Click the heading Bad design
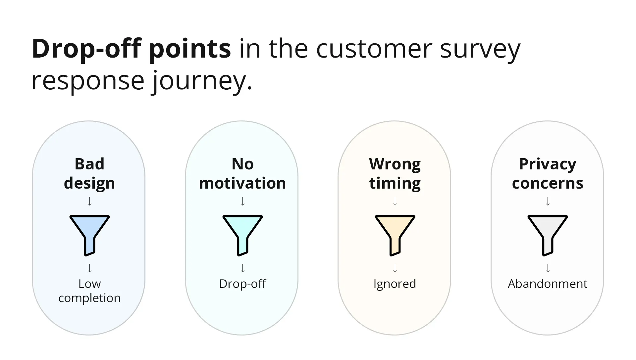(89, 173)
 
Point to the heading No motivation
(242, 173)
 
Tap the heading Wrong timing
(395, 173)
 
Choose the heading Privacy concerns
(548, 173)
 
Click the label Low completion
(89, 291)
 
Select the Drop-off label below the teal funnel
(242, 284)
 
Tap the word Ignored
(395, 284)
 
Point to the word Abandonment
(548, 284)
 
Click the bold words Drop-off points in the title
(131, 49)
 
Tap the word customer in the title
(374, 49)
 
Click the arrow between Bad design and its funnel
(89, 201)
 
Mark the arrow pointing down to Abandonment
(548, 268)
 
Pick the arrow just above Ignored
(395, 268)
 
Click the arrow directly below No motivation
(242, 201)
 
